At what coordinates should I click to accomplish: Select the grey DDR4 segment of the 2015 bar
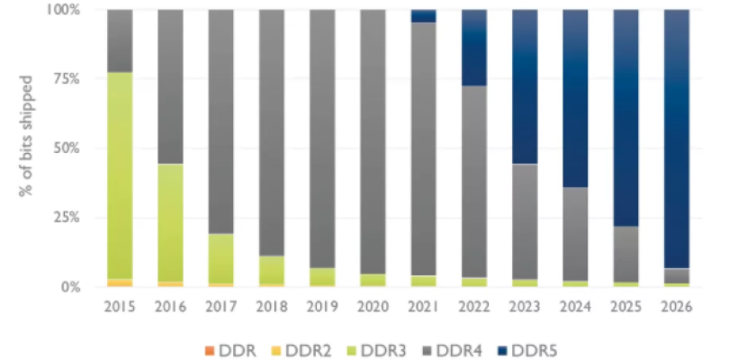[119, 40]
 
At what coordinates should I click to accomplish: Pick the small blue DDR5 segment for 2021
[423, 15]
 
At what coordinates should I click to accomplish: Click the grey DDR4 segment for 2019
[321, 135]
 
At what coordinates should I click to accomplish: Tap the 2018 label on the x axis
[271, 307]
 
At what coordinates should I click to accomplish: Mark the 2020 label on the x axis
[372, 307]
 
